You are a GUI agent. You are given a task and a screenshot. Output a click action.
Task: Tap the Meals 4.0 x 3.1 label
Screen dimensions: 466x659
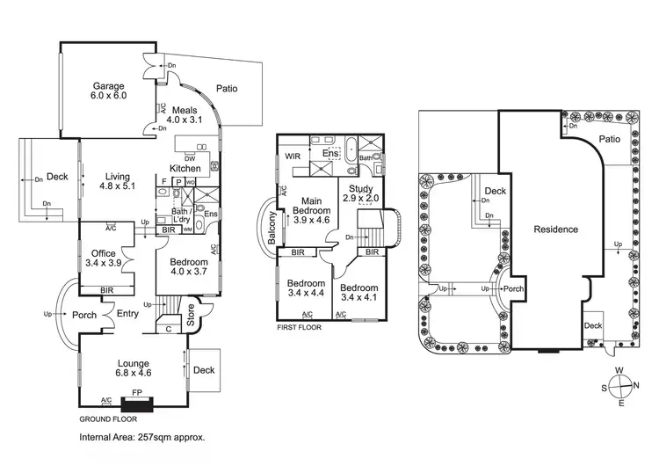pos(185,113)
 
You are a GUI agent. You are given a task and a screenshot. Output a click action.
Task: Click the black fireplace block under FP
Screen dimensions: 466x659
pos(136,404)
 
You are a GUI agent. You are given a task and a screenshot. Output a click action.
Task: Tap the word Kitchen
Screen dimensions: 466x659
pos(185,168)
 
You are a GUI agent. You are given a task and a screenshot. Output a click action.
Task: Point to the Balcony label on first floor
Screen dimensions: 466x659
pos(272,229)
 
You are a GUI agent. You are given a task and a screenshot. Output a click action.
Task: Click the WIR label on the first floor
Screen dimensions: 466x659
pos(293,157)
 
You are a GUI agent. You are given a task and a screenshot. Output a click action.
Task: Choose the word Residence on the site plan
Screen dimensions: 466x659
pos(556,229)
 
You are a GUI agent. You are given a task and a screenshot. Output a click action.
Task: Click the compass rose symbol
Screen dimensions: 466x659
pos(623,383)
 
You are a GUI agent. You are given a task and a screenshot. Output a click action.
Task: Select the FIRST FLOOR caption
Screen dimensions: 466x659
pos(300,327)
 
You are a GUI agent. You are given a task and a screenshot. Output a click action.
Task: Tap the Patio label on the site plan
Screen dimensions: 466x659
pos(610,139)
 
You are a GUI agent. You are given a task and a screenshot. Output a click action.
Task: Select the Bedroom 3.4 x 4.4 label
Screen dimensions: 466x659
pos(307,288)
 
